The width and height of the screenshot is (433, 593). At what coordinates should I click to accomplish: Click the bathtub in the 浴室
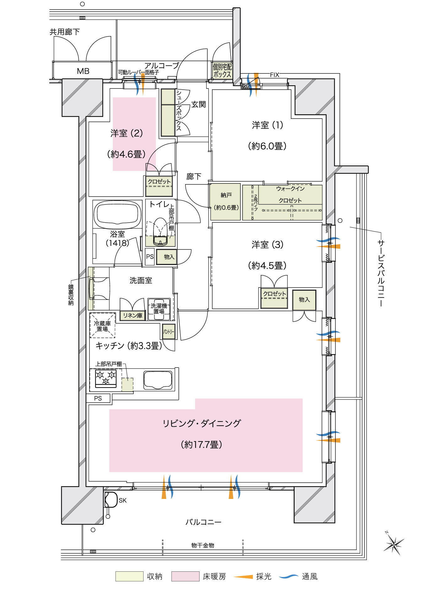point(117,214)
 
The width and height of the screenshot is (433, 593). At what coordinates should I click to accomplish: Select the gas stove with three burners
point(106,378)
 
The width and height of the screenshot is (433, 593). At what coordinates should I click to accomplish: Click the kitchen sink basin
point(158,380)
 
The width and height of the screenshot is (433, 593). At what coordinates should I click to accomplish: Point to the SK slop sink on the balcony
point(110,500)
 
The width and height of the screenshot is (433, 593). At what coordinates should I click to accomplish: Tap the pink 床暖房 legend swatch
point(185,576)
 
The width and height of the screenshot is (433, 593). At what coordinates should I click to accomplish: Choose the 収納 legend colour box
point(129,576)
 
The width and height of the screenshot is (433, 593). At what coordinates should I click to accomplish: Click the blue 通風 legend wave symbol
point(288,576)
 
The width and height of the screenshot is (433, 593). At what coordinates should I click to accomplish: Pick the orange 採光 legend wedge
point(244,576)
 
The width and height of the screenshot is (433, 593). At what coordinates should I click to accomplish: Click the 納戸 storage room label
point(226,195)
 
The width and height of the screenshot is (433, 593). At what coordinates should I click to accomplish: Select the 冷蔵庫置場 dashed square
point(103,326)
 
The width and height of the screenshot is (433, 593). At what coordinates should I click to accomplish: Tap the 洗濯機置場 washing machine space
point(159,309)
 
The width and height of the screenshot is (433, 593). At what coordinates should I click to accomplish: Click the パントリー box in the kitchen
point(168,332)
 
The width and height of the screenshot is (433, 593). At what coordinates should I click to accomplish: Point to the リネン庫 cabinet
point(132,315)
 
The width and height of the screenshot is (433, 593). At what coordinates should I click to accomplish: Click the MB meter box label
point(83,71)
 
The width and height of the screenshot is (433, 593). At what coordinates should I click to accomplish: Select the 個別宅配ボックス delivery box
point(222,71)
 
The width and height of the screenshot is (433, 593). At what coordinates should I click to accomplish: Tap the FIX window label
point(275,75)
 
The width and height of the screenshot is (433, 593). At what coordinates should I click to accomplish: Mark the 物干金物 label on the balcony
point(203,545)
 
